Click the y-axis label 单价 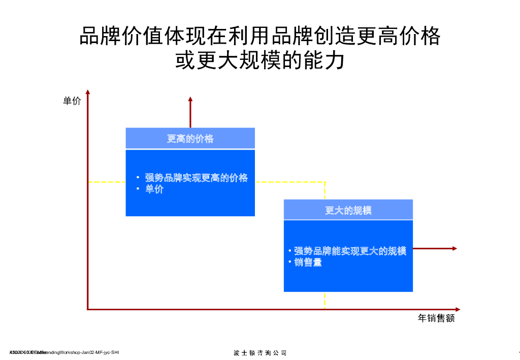point(72,101)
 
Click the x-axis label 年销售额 point(436,318)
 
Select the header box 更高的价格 point(190,139)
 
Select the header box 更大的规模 point(348,210)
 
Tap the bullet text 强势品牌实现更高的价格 point(196,178)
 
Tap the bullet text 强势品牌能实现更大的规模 point(350,251)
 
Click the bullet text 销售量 point(308,263)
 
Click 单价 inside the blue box point(154,189)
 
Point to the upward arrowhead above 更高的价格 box point(190,99)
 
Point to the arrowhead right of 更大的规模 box point(454,248)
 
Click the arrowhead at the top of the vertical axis point(88,92)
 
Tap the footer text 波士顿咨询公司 point(260,353)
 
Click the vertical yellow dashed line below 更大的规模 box point(324,300)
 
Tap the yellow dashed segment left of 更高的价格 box point(107,182)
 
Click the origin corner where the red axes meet point(88,309)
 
